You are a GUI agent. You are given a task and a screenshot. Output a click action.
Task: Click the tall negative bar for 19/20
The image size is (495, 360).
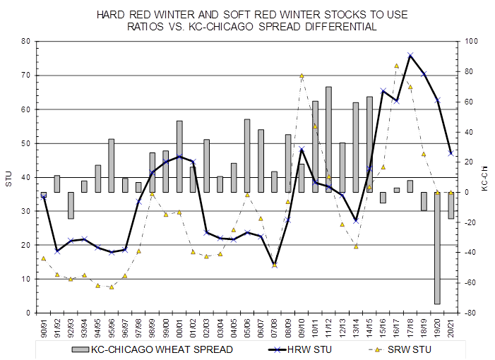(x=438, y=248)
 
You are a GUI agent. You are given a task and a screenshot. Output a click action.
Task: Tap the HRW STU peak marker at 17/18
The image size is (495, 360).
(x=410, y=55)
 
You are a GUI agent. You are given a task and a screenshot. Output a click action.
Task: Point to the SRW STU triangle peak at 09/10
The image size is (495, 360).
(x=302, y=76)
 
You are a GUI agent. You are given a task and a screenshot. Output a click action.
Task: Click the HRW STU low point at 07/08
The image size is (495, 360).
(x=275, y=264)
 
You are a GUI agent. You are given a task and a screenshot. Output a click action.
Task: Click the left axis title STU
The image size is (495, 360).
(x=8, y=178)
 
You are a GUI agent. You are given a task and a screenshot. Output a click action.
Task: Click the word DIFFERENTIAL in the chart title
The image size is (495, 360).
(x=342, y=27)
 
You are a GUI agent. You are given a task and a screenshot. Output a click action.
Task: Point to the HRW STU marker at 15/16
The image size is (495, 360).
(x=383, y=91)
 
